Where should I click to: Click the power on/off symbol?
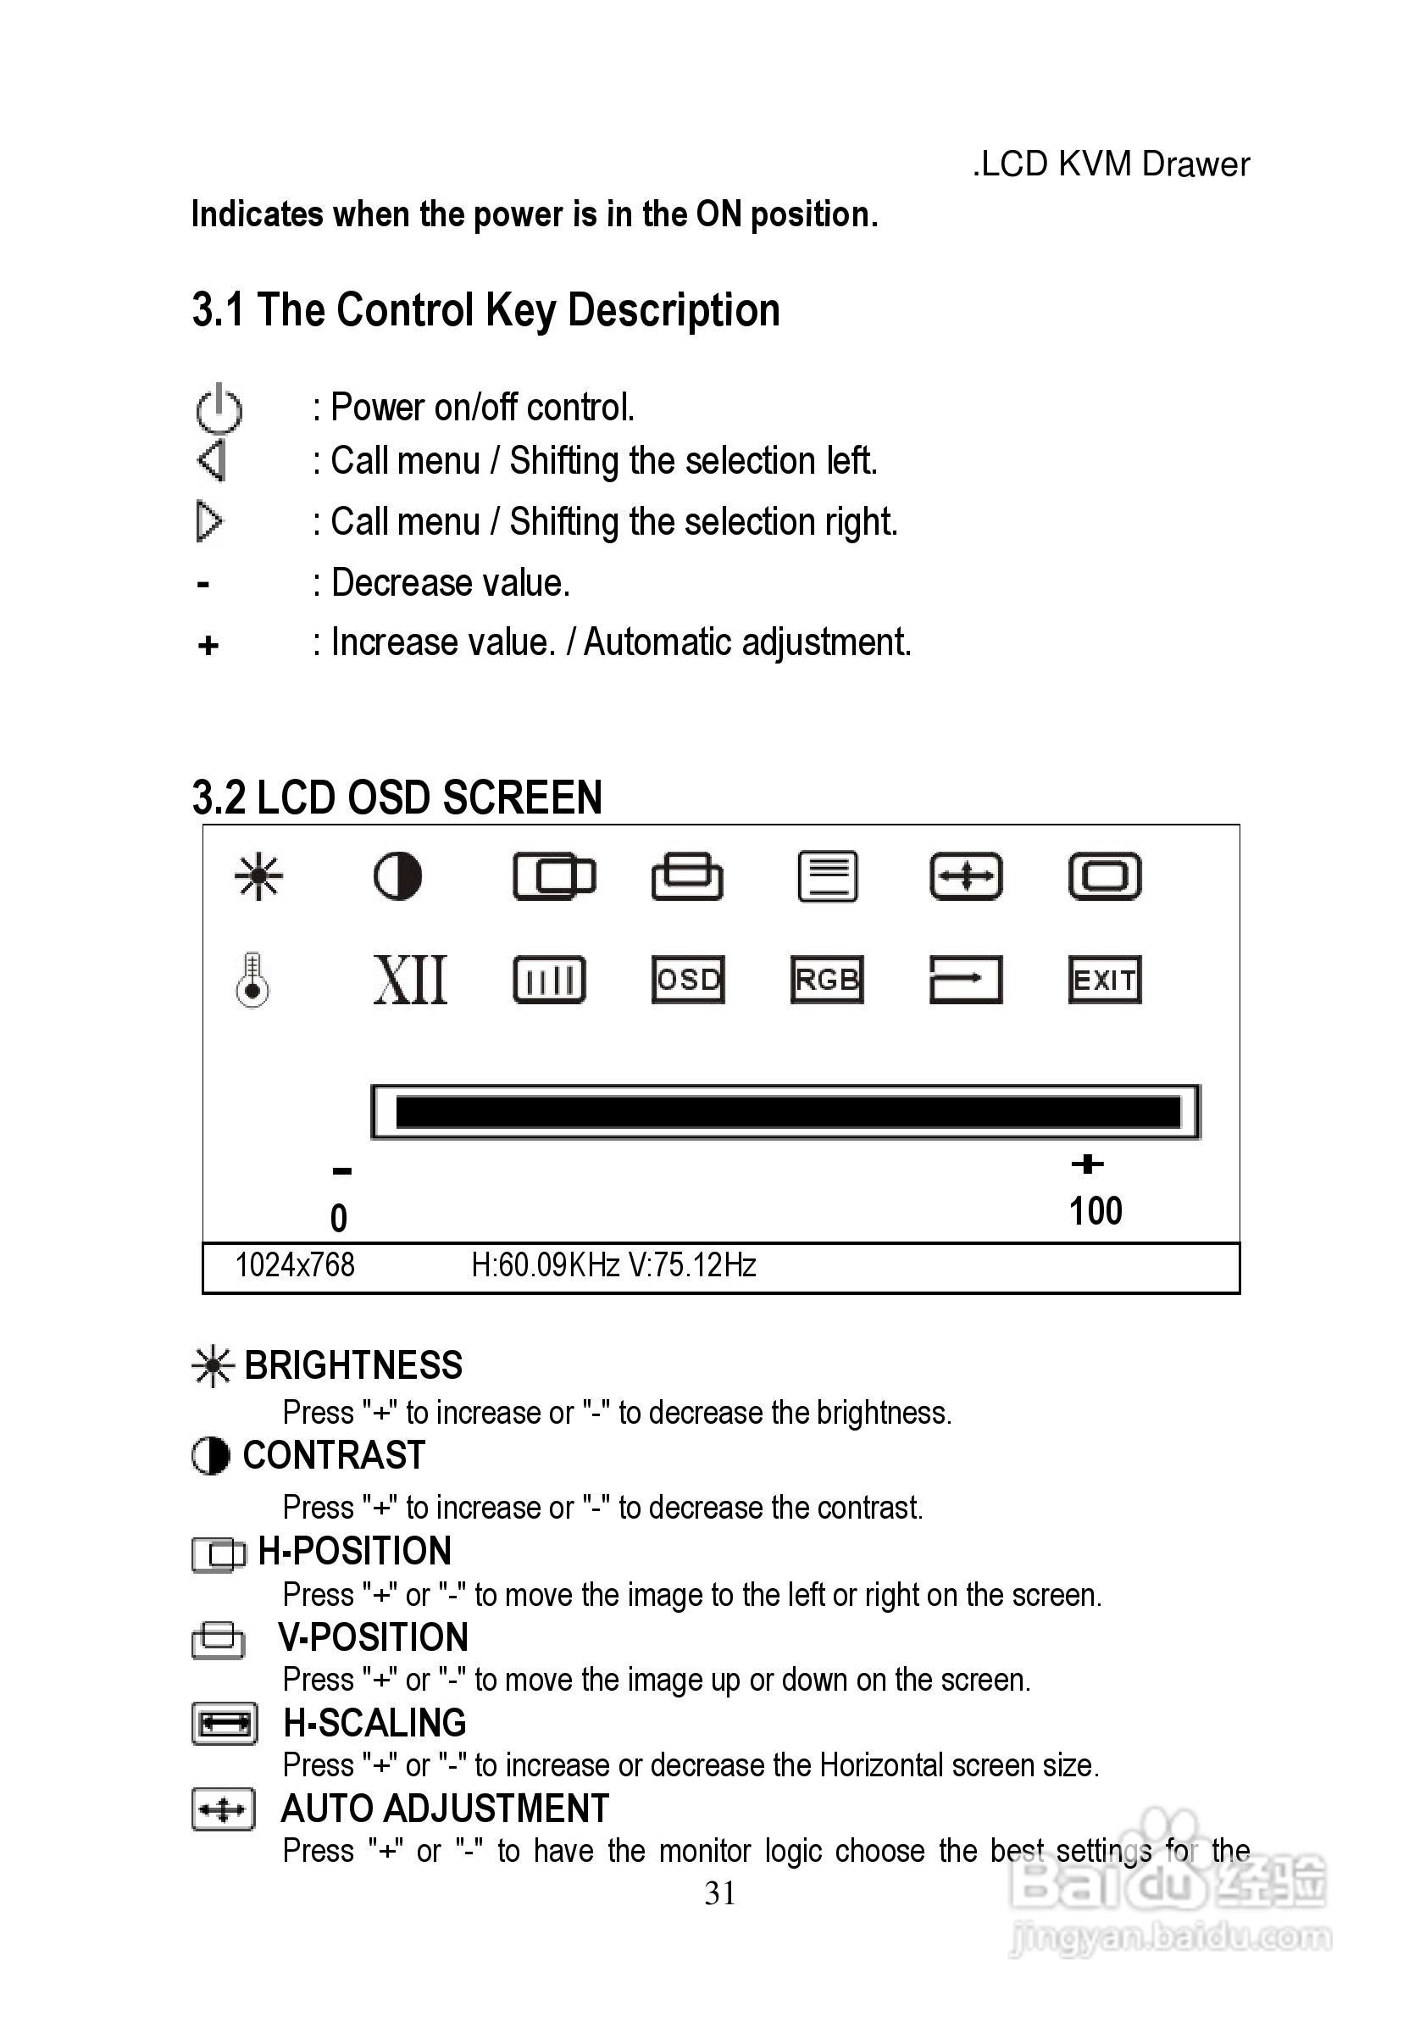[219, 408]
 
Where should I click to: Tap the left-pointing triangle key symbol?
[212, 461]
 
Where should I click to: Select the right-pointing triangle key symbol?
[209, 522]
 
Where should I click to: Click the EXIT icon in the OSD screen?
[1105, 980]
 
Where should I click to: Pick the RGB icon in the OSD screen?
[826, 980]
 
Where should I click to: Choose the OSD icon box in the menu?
[688, 980]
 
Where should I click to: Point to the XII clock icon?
[410, 980]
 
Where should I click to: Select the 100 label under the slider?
[1095, 1211]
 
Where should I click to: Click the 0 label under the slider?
[339, 1219]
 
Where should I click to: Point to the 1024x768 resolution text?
[295, 1265]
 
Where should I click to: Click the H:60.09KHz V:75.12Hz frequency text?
[614, 1265]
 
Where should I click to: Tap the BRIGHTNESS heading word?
[353, 1366]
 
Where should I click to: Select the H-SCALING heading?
[375, 1724]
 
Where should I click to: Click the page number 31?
[720, 1893]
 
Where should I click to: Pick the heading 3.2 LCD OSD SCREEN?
[397, 797]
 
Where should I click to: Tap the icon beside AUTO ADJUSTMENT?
[223, 1809]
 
